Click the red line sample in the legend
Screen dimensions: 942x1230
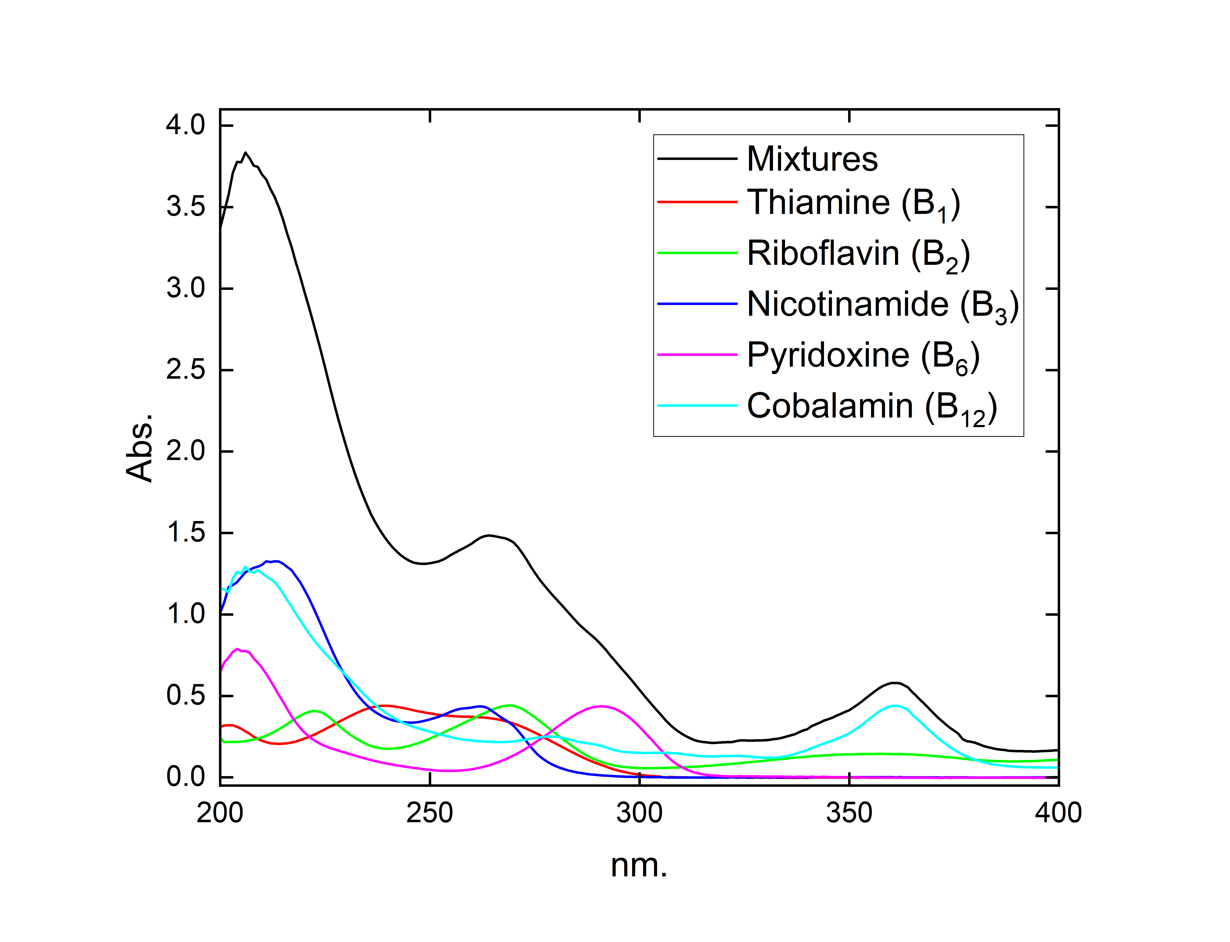click(x=697, y=202)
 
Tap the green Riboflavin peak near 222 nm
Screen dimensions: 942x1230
click(x=315, y=711)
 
